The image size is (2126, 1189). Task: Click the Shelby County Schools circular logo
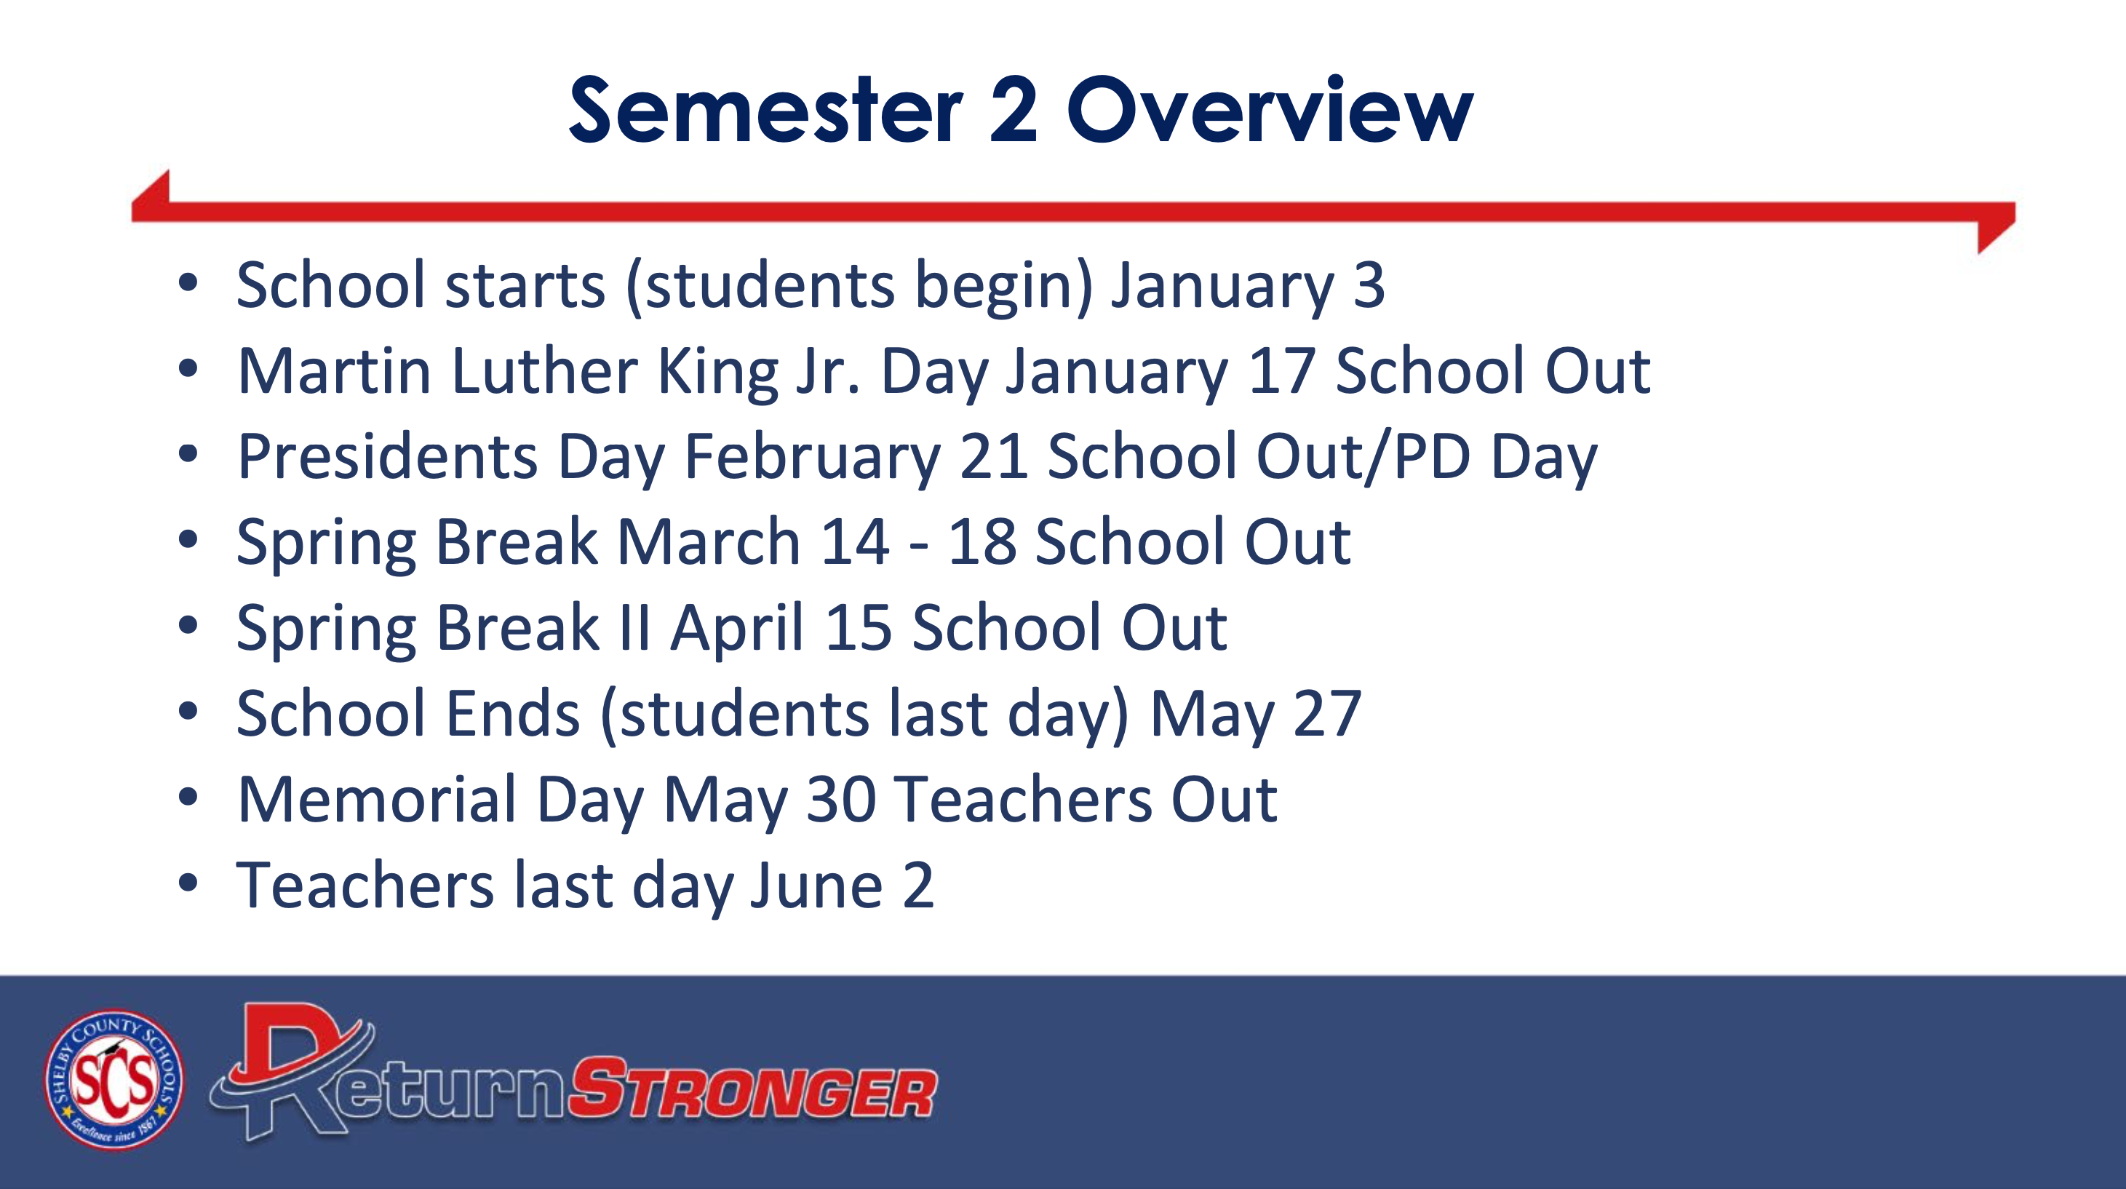click(114, 1079)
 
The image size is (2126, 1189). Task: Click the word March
click(709, 542)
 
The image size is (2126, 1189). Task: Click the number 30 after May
click(840, 800)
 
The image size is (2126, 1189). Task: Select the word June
click(817, 886)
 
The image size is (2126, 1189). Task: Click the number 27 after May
click(1327, 714)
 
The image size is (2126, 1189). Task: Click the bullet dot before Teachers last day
click(188, 883)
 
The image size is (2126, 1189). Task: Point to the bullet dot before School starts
click(188, 283)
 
